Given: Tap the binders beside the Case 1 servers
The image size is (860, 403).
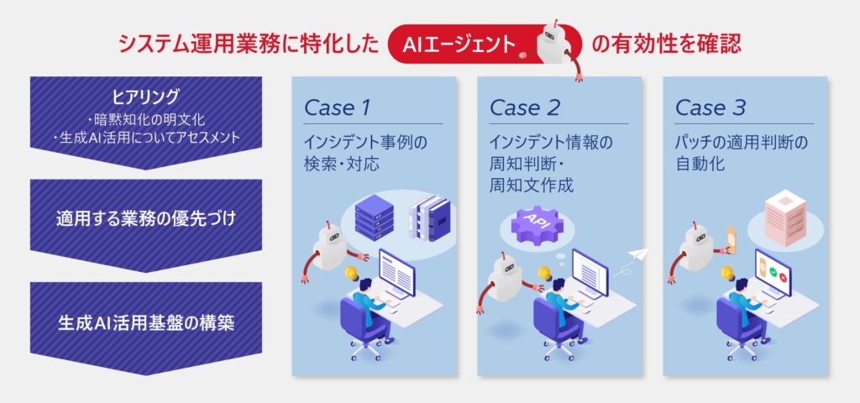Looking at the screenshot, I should [x=433, y=220].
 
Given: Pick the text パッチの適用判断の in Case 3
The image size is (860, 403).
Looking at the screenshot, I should [x=742, y=142].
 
